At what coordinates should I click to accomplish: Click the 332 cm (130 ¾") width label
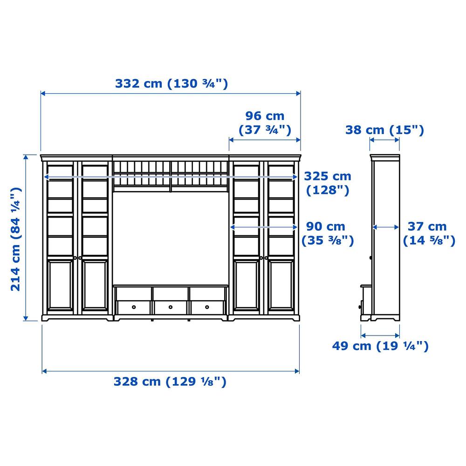171,83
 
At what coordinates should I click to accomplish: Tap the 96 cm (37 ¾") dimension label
265,123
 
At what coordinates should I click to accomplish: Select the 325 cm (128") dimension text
328,183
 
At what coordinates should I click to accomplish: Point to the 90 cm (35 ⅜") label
328,233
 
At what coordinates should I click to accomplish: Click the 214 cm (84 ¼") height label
16,239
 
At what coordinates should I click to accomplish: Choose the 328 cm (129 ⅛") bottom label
170,382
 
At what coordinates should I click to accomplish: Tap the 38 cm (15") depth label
384,130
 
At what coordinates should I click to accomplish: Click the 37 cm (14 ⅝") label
429,233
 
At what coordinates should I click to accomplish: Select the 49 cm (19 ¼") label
380,346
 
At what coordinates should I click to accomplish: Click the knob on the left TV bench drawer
134,307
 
